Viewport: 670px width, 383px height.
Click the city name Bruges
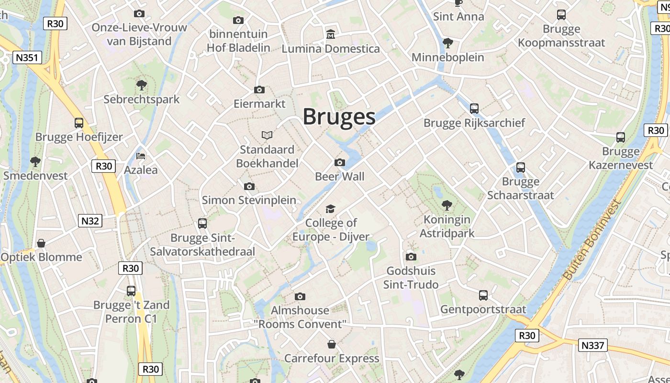[x=339, y=117]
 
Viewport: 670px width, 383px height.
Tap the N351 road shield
[x=28, y=58]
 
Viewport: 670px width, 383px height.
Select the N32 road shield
[x=90, y=221]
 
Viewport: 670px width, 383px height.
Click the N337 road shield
[x=592, y=345]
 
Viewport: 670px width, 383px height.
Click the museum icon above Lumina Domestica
[x=330, y=34]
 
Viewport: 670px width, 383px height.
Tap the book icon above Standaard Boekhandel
[x=267, y=135]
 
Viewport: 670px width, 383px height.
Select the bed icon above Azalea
[x=141, y=156]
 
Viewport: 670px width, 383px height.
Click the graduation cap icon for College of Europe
[x=330, y=209]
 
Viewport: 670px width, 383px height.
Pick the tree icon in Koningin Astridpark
[x=447, y=205]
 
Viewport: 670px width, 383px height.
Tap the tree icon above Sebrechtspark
[x=141, y=85]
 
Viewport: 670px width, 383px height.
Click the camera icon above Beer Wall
[x=340, y=162]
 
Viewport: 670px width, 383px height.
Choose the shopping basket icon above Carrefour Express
[x=331, y=344]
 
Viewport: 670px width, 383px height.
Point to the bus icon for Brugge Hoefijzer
[x=79, y=123]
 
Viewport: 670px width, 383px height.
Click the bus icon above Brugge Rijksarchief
[x=474, y=109]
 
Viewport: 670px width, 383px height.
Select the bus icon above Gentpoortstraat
[x=483, y=295]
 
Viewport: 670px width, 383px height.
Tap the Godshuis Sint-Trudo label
[x=411, y=278]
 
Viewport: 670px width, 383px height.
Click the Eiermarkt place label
[x=259, y=103]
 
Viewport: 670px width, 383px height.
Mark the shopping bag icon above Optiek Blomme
[x=41, y=243]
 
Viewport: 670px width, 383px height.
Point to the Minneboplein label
[x=448, y=57]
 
